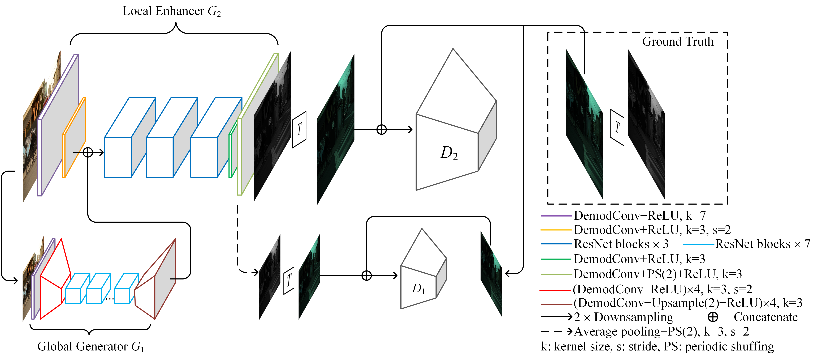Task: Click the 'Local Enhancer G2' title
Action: [171, 11]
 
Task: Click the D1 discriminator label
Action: [418, 289]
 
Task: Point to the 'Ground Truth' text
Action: [678, 42]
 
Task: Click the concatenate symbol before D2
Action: [381, 130]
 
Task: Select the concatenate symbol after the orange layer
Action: [88, 153]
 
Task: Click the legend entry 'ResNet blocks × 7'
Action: [762, 244]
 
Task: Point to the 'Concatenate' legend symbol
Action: [713, 317]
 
